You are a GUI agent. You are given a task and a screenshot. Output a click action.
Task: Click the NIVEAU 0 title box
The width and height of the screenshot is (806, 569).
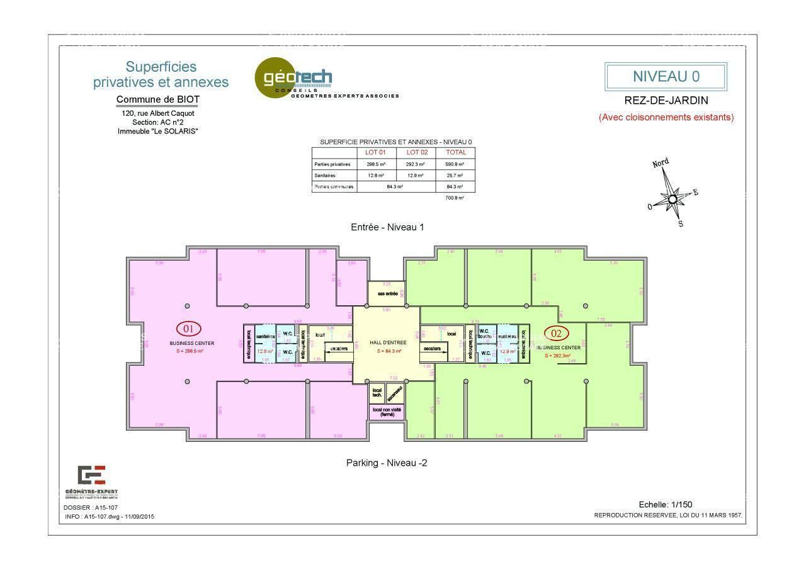click(x=666, y=77)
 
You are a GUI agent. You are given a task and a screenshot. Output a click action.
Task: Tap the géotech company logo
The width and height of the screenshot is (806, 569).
click(x=294, y=79)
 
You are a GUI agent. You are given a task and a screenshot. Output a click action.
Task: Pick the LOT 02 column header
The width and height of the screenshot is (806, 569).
click(x=416, y=152)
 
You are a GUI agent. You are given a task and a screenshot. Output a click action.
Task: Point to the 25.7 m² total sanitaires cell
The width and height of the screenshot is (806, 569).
click(x=455, y=176)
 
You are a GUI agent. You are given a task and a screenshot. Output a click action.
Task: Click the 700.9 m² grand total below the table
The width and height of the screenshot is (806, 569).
click(x=455, y=198)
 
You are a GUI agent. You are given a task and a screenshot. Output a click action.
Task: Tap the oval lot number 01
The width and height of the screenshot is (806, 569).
click(x=188, y=329)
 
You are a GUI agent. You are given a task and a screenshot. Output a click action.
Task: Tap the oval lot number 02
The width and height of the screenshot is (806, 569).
click(x=556, y=334)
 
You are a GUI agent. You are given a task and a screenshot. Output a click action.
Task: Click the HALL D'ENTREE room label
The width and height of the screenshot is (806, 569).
click(x=387, y=342)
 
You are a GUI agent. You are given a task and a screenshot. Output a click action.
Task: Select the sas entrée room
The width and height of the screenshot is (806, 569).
click(x=387, y=294)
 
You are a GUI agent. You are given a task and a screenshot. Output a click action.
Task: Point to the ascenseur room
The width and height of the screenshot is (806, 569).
click(x=394, y=393)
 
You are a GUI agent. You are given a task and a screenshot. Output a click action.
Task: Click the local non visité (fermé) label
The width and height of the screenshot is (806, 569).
click(x=387, y=412)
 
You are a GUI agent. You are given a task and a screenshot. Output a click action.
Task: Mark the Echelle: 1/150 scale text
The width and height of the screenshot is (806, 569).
click(x=665, y=504)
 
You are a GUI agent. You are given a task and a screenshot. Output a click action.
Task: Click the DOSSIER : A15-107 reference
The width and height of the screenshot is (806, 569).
click(x=91, y=507)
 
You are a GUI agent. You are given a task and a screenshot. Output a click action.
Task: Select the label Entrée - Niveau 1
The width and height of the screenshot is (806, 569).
click(x=387, y=227)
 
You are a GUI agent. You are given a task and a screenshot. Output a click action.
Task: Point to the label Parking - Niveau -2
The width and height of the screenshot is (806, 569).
click(x=387, y=463)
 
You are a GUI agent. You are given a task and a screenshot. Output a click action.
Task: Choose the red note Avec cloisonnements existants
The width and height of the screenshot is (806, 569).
click(x=666, y=117)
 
